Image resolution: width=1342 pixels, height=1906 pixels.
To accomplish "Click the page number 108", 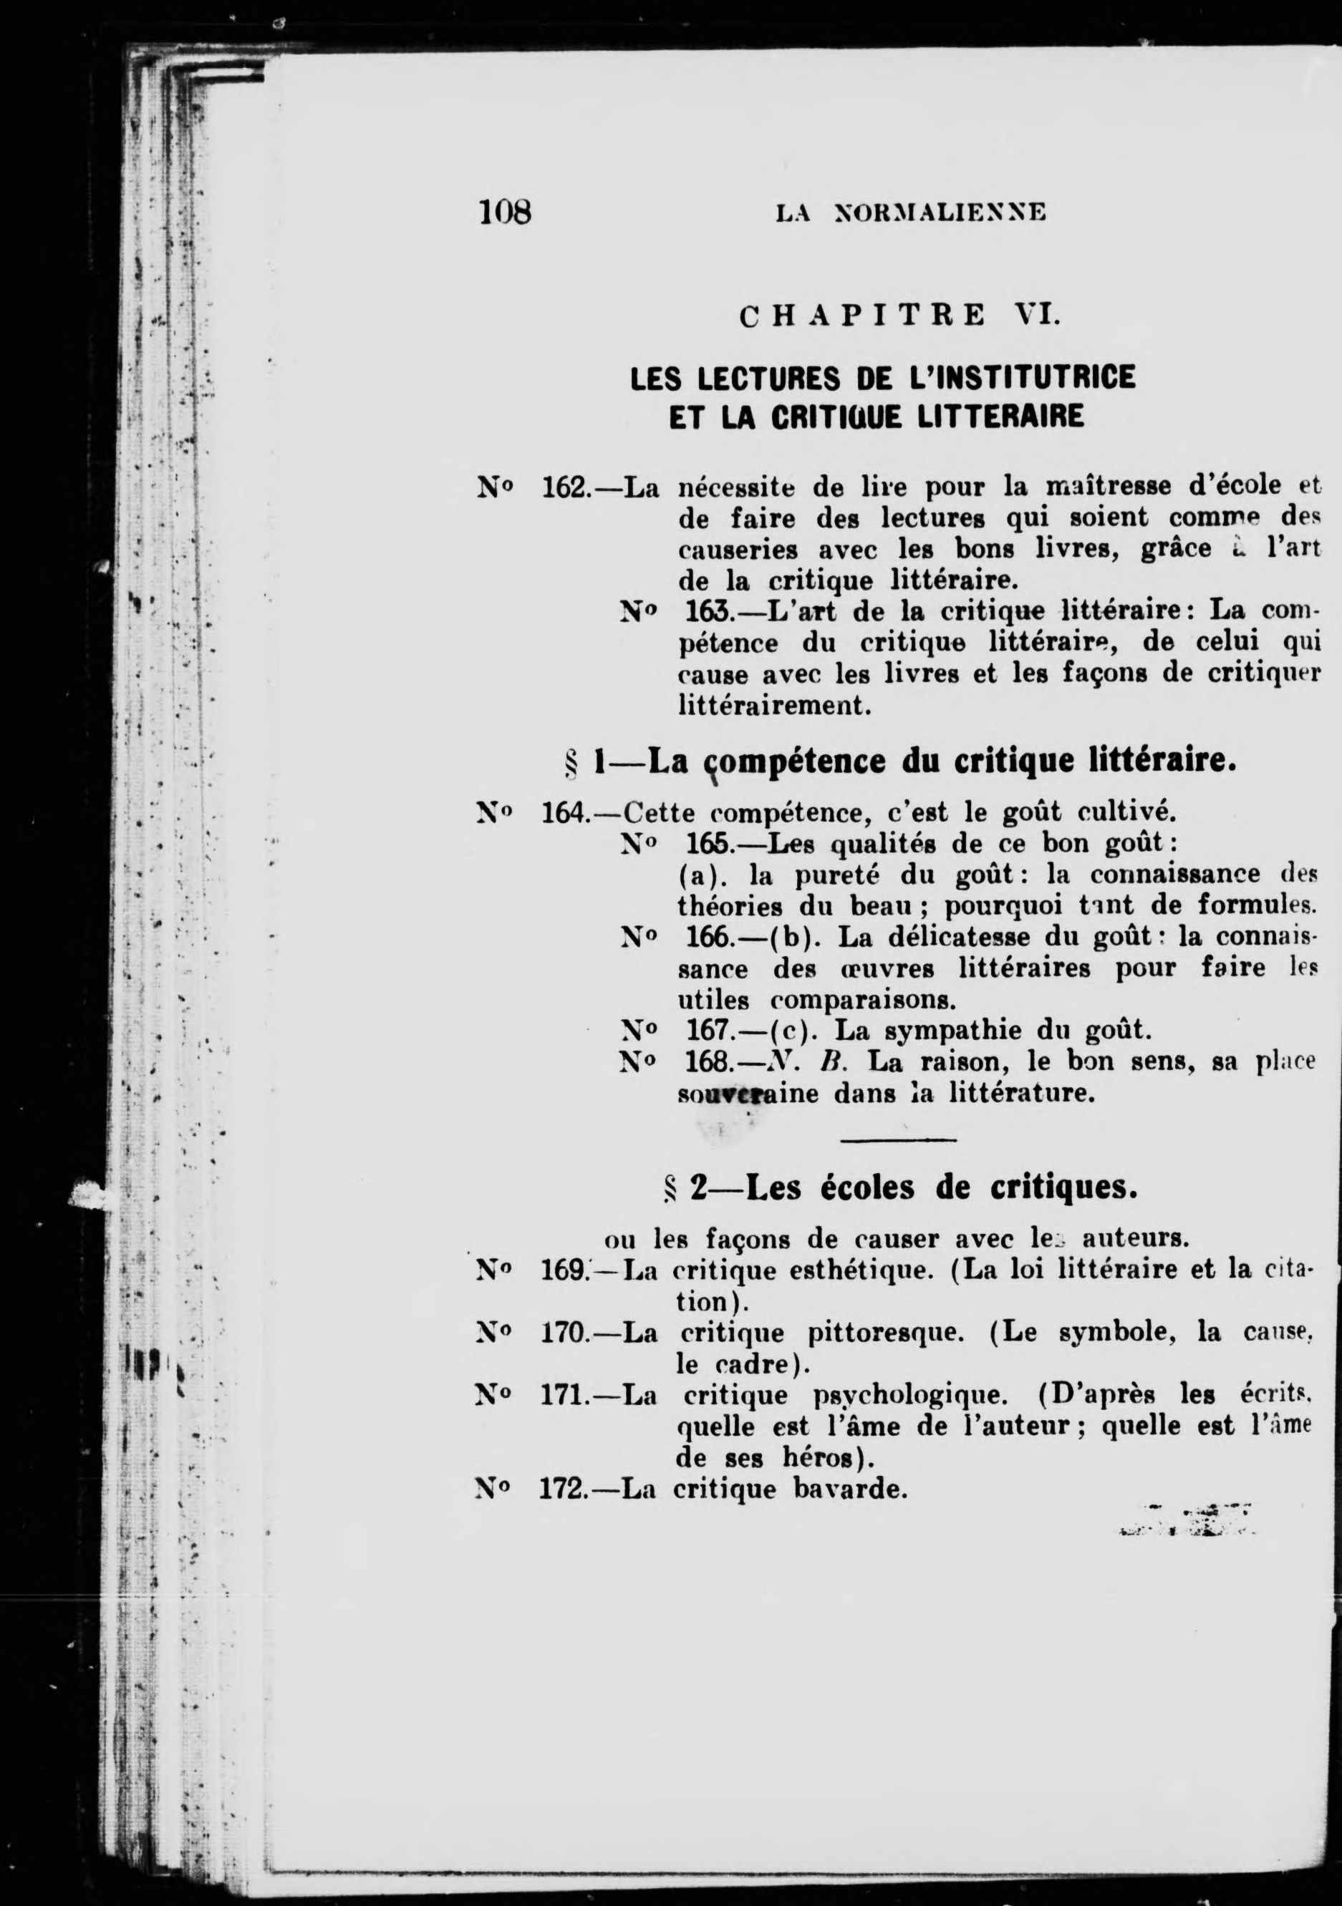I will [x=504, y=213].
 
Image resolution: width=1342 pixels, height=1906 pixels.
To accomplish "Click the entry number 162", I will [x=565, y=487].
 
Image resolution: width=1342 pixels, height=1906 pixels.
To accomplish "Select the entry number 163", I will [x=708, y=612].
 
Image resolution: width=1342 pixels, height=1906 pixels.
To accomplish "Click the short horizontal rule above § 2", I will [x=899, y=1139].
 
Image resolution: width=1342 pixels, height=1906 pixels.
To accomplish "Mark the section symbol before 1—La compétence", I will [x=571, y=762].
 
